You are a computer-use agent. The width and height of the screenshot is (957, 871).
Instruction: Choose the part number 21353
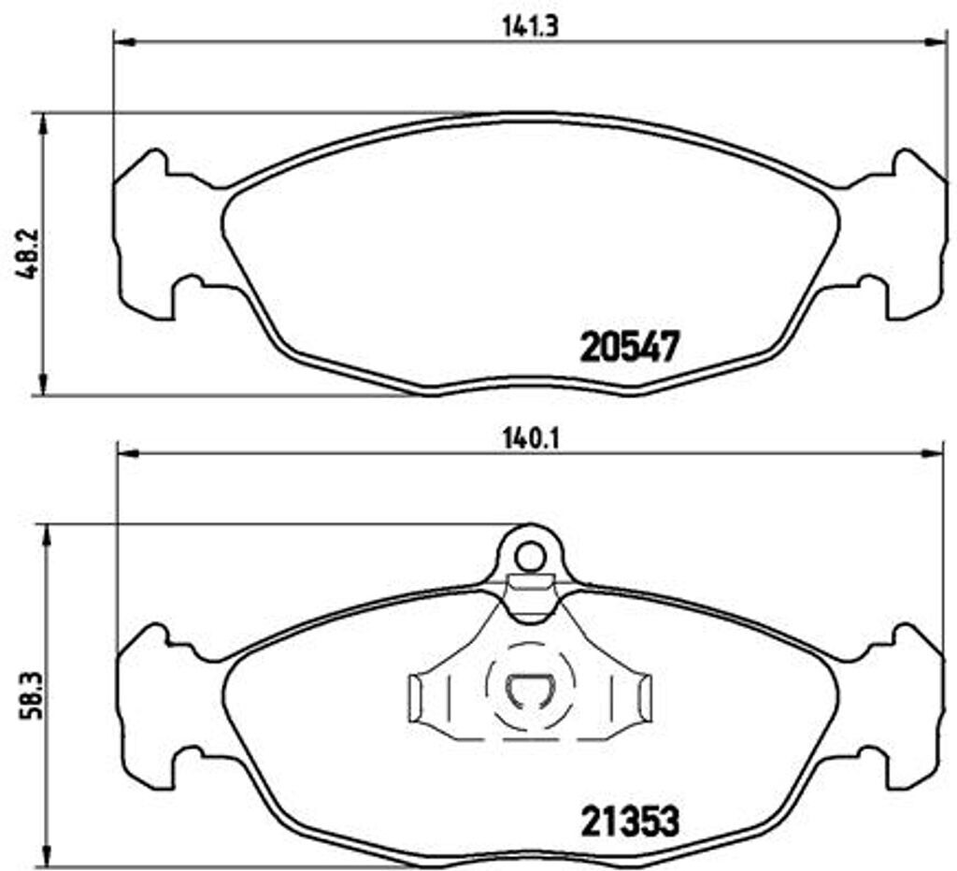[x=628, y=821]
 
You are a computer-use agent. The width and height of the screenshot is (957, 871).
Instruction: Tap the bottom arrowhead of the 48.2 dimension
[x=41, y=384]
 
